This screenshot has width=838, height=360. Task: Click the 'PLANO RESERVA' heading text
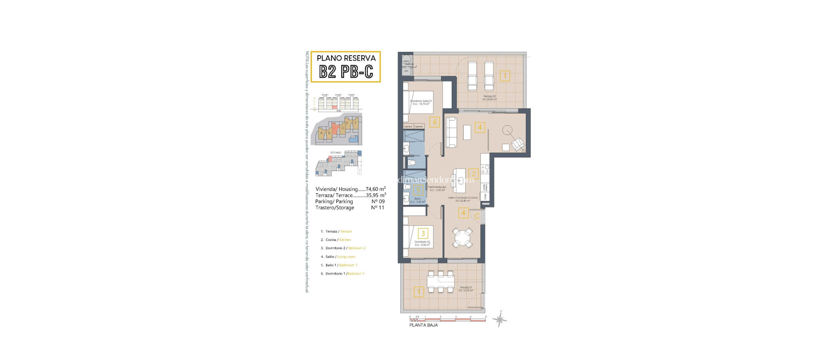coord(346,58)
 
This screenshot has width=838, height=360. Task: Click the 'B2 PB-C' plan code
coord(346,72)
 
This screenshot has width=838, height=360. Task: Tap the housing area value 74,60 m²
coord(375,189)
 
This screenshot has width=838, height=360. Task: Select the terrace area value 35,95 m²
coord(376,195)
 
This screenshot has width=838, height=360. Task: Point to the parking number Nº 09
coord(378,201)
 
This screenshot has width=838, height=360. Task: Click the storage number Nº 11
coord(377,207)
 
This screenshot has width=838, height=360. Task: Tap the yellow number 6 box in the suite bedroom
coord(435,122)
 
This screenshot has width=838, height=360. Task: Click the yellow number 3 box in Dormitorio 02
coord(423,233)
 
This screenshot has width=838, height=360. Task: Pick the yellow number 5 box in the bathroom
coord(418,190)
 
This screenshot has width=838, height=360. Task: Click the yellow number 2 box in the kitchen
coord(473,174)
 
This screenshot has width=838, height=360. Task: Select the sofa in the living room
coord(451,133)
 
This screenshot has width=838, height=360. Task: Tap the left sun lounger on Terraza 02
coord(472,76)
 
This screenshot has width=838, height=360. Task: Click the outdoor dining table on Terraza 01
coord(441,281)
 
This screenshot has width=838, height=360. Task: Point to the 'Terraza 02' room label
coord(489,97)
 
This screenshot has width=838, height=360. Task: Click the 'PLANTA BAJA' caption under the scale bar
coord(424,325)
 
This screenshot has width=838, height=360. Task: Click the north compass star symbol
coord(500,319)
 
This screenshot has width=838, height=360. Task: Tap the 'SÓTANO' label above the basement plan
coord(336,153)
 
